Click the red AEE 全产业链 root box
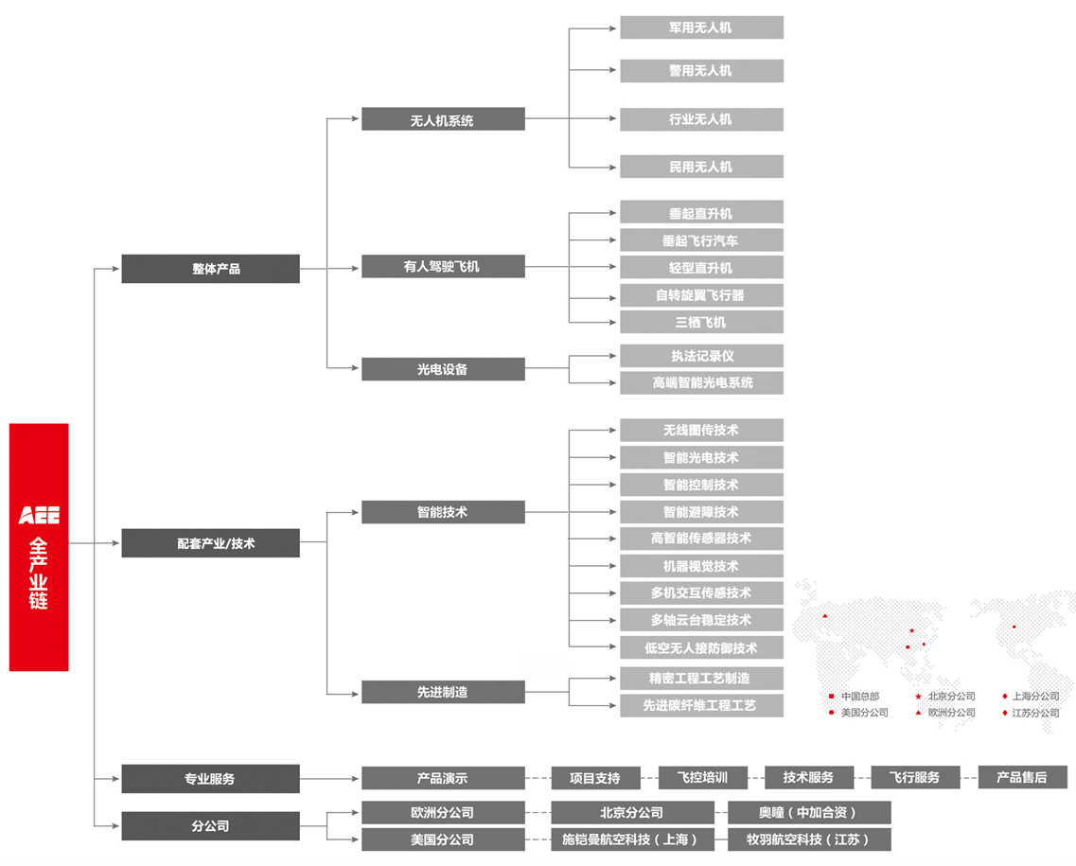click(x=39, y=547)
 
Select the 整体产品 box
click(x=210, y=269)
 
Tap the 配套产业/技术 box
click(x=210, y=543)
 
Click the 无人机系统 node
click(x=443, y=119)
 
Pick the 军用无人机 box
click(x=701, y=27)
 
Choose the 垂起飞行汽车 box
click(x=701, y=240)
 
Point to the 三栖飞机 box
click(x=701, y=322)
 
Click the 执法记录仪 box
click(x=701, y=356)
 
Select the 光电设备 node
click(x=443, y=369)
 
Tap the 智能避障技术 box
click(x=701, y=512)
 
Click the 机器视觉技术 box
click(x=701, y=566)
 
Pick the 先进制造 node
click(x=443, y=692)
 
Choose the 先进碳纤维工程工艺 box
click(x=701, y=705)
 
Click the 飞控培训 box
click(x=702, y=777)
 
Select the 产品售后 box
click(x=1022, y=777)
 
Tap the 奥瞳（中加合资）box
click(x=809, y=812)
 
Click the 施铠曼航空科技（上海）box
click(x=632, y=839)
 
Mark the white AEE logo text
click(x=39, y=516)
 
